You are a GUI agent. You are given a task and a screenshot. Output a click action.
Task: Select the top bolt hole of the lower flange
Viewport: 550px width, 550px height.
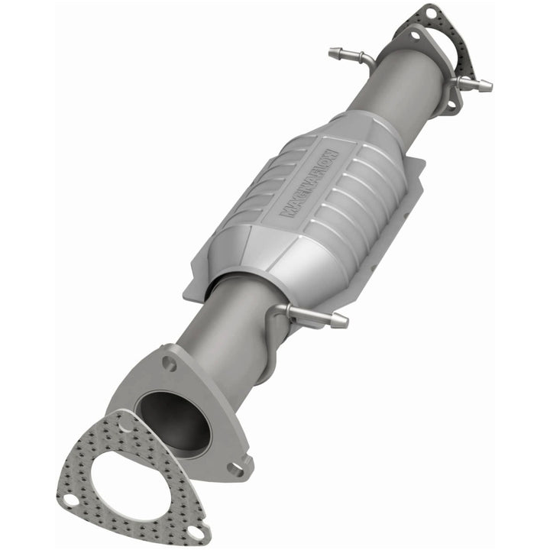click(x=170, y=364)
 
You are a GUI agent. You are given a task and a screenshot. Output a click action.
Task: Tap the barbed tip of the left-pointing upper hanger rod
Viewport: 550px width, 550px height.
click(x=335, y=53)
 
